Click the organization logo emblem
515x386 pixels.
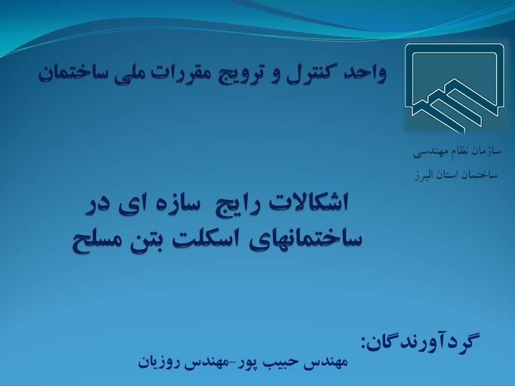click(x=454, y=88)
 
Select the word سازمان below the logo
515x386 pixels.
click(x=488, y=151)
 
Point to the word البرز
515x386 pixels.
click(x=425, y=175)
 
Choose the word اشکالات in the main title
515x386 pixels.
click(x=308, y=203)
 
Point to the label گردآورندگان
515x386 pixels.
click(x=421, y=342)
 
